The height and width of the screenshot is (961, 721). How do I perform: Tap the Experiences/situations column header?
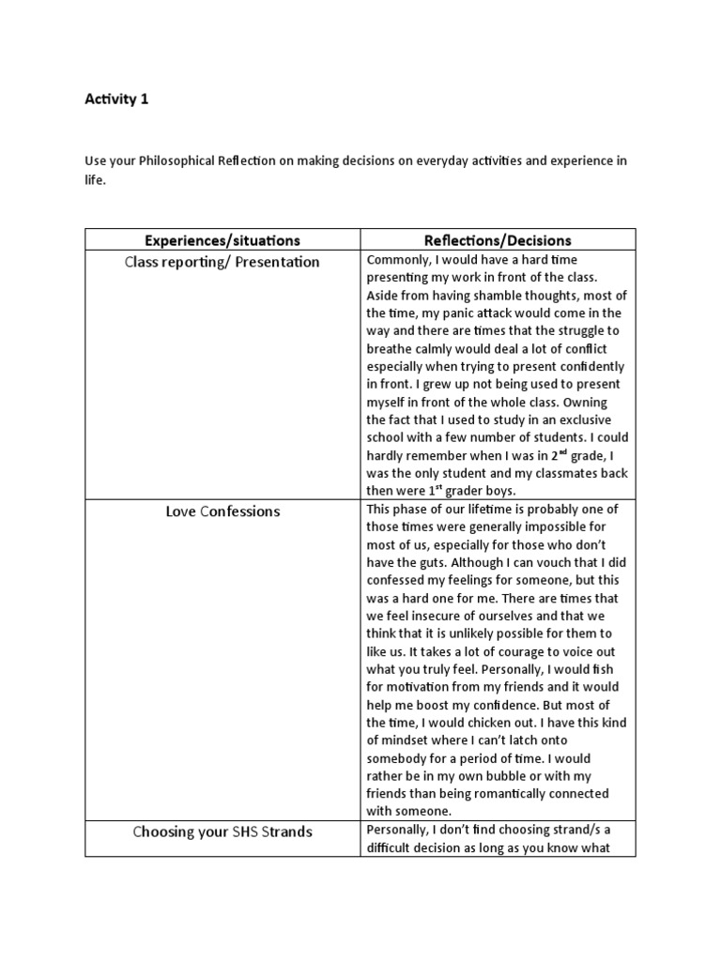click(x=222, y=240)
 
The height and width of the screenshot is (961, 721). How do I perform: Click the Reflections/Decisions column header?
click(x=498, y=240)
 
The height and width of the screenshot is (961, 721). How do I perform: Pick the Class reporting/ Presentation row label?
click(x=222, y=262)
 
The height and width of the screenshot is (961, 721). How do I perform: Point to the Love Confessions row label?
click(x=222, y=511)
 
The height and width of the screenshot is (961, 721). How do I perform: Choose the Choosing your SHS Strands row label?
click(x=222, y=831)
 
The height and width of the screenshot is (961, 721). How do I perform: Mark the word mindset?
click(x=409, y=740)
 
